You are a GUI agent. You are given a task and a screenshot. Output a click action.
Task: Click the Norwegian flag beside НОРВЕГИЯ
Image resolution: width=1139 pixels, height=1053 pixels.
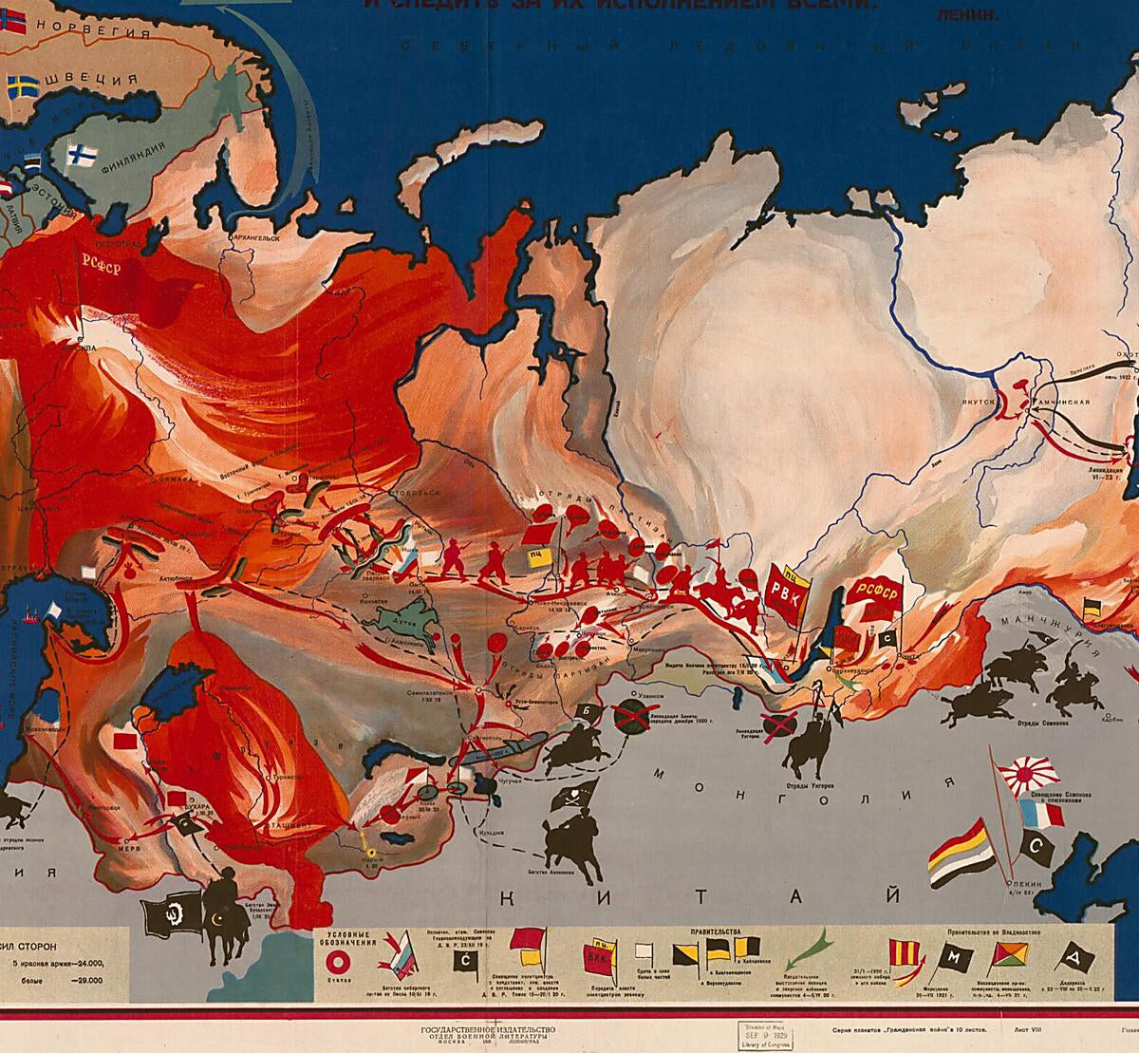tap(11, 25)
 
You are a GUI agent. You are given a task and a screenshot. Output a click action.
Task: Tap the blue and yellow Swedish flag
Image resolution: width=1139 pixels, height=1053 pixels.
tap(21, 88)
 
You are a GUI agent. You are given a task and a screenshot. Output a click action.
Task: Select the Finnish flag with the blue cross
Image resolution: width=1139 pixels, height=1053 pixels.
tap(81, 154)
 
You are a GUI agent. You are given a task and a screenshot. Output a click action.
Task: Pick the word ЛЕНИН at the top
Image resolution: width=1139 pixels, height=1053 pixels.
tap(958, 16)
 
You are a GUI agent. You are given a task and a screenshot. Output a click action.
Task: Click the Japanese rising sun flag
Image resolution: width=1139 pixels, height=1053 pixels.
tap(1031, 775)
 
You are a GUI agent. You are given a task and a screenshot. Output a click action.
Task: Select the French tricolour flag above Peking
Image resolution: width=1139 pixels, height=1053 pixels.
tap(1042, 813)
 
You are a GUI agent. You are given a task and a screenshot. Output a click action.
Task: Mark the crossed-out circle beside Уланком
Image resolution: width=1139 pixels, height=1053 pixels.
tap(630, 715)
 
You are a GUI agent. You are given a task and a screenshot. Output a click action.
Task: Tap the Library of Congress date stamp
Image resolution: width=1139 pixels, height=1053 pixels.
tap(766, 1033)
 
